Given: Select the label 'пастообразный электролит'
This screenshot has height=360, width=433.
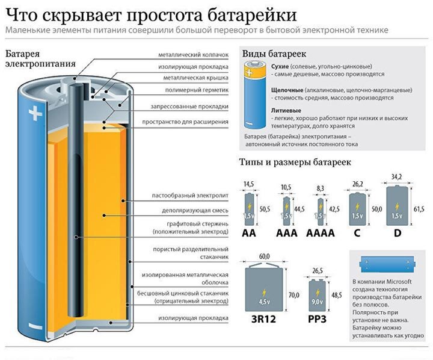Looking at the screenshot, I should (x=191, y=197).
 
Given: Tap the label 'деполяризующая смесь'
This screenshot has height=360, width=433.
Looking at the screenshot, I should (x=195, y=211).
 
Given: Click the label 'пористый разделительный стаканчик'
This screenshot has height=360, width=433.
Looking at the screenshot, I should (x=198, y=252).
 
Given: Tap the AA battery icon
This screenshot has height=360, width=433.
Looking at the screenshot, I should (x=249, y=208).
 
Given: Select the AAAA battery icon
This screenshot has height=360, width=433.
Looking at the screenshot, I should (x=320, y=209).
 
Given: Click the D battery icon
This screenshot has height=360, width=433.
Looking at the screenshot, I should (x=397, y=205).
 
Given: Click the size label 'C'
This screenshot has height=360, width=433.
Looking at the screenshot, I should (x=357, y=232).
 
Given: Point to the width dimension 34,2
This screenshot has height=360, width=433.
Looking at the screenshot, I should (x=396, y=177).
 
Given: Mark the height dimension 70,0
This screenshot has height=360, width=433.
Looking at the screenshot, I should (x=293, y=295).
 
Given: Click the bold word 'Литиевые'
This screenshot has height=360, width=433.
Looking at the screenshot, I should (x=287, y=111).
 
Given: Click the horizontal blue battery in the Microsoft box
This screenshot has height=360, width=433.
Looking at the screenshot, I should (x=385, y=263).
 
